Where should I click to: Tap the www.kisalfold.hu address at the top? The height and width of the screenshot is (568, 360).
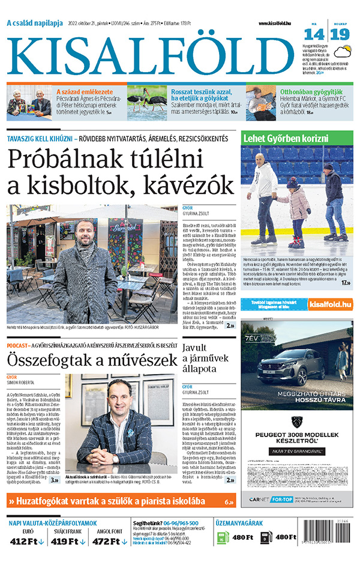pos(280,23)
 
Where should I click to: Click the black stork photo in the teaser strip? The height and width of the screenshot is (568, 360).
pos(146,100)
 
